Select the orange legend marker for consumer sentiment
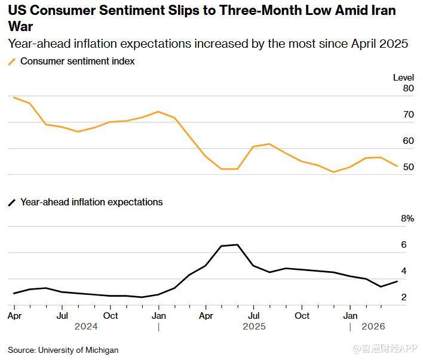pos(11,61)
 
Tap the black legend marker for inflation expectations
pos(11,202)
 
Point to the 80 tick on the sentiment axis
pos(408,88)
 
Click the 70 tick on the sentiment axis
pos(408,115)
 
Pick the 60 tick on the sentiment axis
pos(408,141)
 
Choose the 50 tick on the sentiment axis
pos(408,167)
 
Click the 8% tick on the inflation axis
pos(407,219)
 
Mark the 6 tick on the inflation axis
pos(404,245)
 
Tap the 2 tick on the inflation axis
pos(404,297)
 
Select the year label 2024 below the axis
pos(86,327)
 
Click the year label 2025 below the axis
pos(254,327)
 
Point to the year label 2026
pos(373,327)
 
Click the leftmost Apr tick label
pos(14,315)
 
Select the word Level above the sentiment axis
pos(403,78)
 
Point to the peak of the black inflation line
pos(237,245)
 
